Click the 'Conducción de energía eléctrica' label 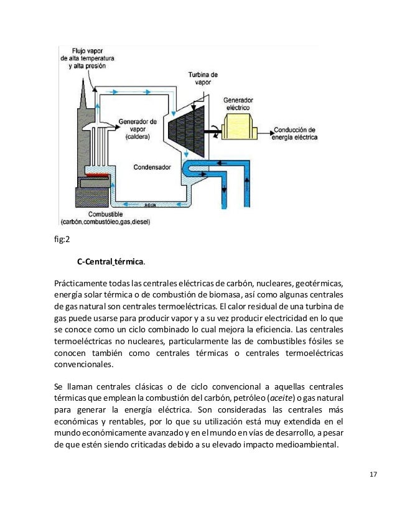coord(296,133)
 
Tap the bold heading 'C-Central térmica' coord(110,261)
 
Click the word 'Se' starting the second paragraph coord(60,386)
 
